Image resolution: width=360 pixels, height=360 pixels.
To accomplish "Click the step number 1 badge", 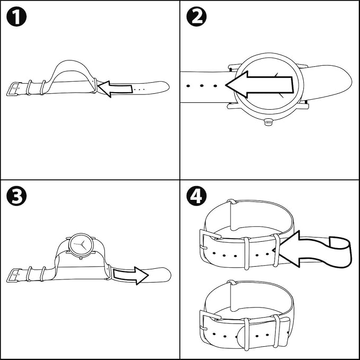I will pos(16,16).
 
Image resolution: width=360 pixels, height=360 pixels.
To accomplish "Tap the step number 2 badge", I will pos(196,16).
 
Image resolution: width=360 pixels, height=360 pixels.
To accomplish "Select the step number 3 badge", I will pos(16,197).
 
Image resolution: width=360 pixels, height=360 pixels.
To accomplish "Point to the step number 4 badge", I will pos(196,197).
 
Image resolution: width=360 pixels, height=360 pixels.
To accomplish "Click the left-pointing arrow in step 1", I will pos(115,89).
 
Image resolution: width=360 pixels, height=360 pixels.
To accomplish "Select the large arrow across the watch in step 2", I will pos(260,84).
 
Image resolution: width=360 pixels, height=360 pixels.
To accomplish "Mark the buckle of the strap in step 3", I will pos(14,275).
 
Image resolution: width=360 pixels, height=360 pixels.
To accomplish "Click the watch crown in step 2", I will pos(268,121).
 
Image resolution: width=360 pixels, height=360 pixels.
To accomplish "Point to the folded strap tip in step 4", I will pos(339,252).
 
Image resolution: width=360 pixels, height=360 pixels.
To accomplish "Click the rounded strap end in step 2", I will pos(339,80).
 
